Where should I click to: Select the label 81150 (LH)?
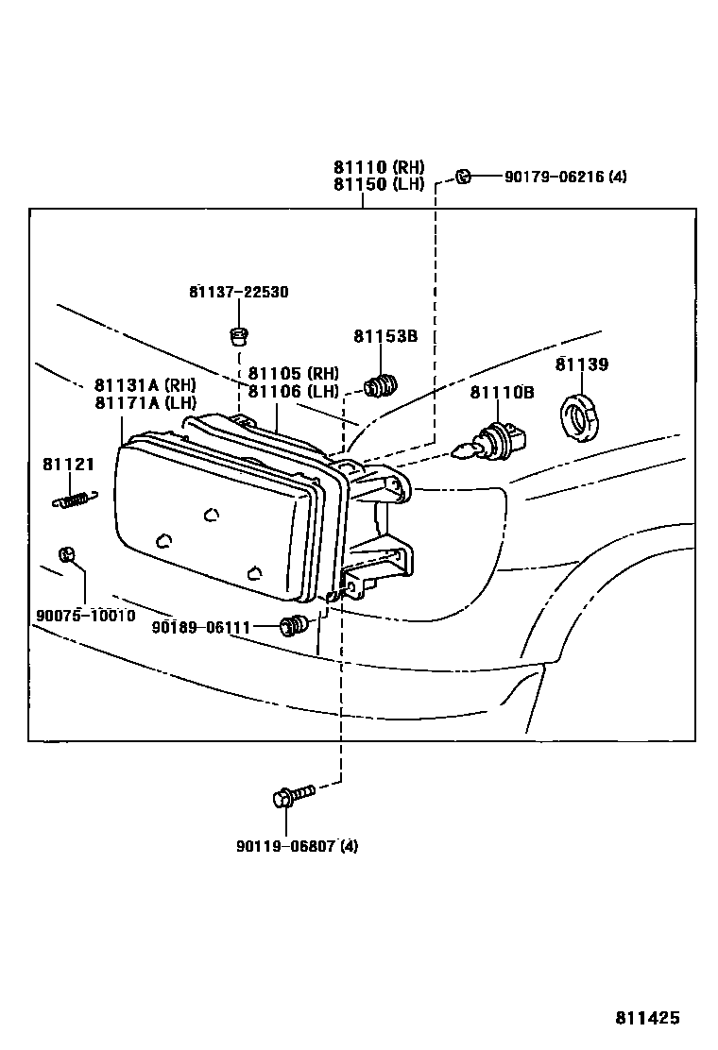click(x=378, y=185)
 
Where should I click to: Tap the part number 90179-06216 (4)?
click(x=565, y=177)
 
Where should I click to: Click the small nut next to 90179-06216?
click(x=462, y=176)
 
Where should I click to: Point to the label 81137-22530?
click(x=238, y=292)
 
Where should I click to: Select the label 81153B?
click(x=385, y=336)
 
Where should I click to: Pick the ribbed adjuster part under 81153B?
click(x=382, y=384)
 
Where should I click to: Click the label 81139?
click(x=581, y=364)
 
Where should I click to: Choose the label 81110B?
click(x=502, y=392)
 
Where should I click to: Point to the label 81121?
click(x=68, y=464)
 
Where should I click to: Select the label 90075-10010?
click(x=85, y=616)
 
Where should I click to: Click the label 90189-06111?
click(x=200, y=626)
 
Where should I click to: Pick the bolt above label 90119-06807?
click(x=291, y=796)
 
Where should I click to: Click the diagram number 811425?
click(x=647, y=1018)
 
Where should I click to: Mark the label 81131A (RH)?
click(x=145, y=385)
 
